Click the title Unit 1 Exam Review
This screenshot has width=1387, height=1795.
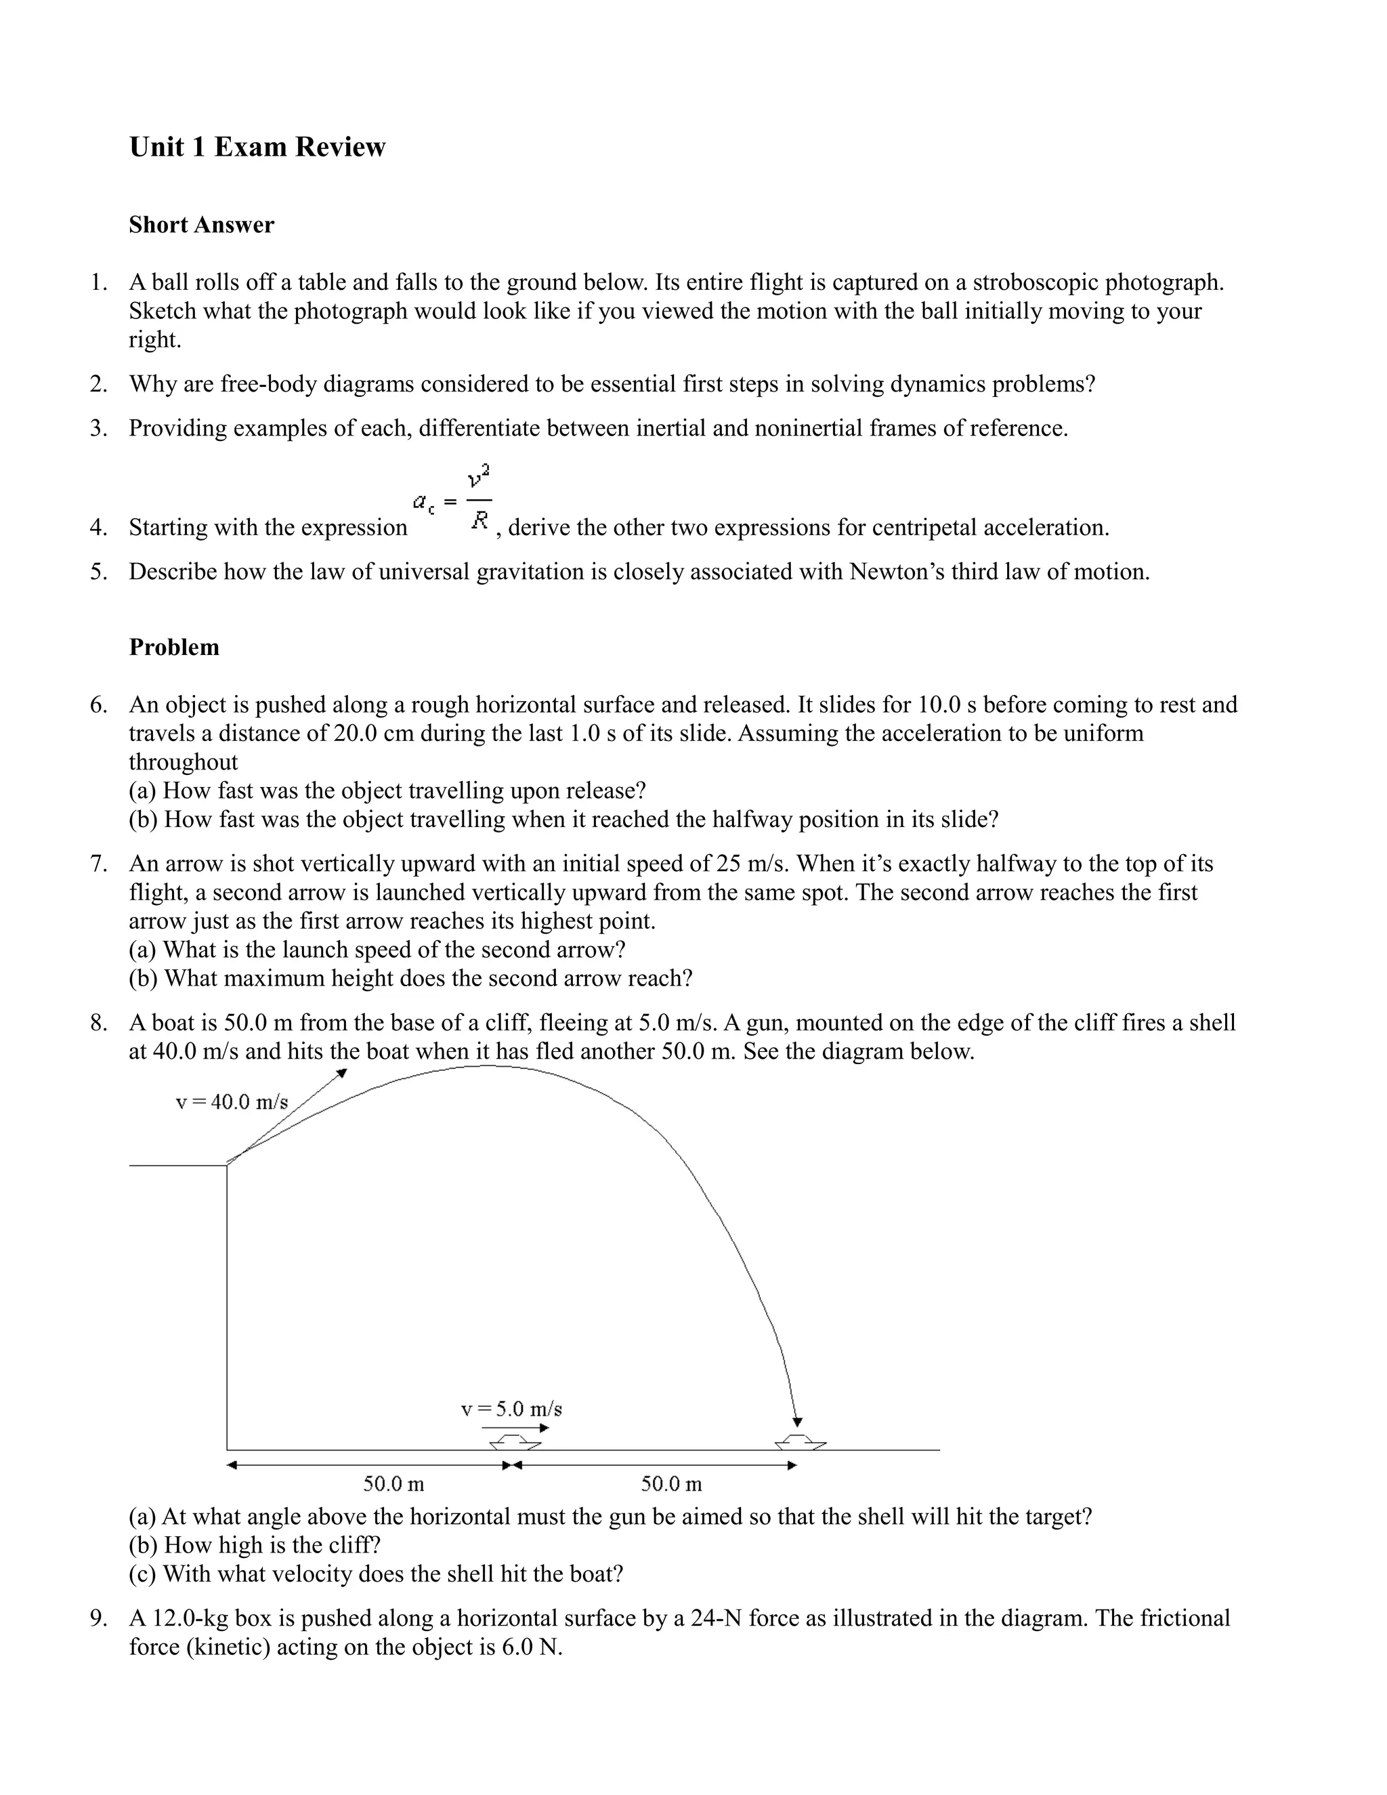tap(257, 147)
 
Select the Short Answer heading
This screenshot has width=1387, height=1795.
tap(201, 225)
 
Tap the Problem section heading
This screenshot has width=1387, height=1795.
tap(174, 648)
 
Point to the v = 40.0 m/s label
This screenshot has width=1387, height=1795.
tap(232, 1102)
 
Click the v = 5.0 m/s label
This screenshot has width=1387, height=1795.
tap(511, 1409)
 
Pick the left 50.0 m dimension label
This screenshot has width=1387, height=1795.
tap(393, 1483)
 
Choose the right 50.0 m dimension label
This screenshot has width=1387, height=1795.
tap(671, 1483)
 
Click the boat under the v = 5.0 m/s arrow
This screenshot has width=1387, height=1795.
tap(515, 1442)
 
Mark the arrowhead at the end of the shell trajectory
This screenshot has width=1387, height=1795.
tap(797, 1422)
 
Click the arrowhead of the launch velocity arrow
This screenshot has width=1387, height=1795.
tap(342, 1074)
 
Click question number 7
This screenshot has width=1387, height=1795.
tap(100, 864)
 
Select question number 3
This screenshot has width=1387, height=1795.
tap(100, 428)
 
